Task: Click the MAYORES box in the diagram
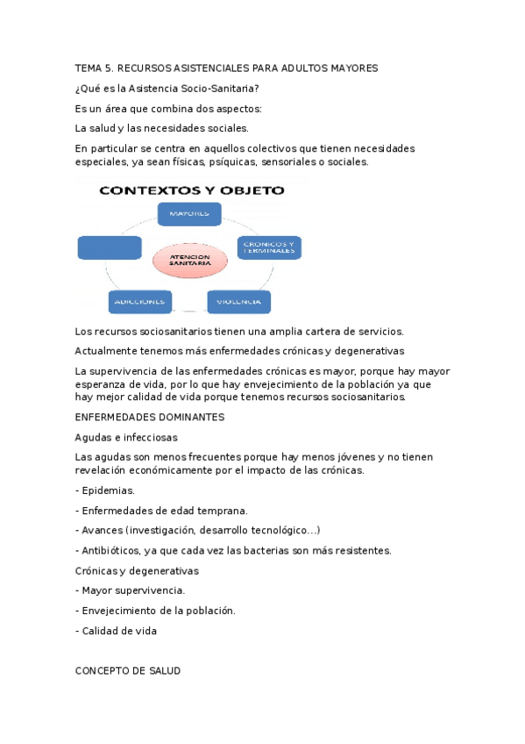(188, 214)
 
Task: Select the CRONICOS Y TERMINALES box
(269, 247)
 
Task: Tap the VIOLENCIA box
(238, 302)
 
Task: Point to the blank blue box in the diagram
(109, 247)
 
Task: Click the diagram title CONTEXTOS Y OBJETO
(191, 190)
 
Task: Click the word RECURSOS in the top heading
(144, 68)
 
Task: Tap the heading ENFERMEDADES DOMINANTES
(150, 417)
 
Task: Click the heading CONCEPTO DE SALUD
(128, 670)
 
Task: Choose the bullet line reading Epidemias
(107, 490)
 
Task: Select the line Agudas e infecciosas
(126, 437)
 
